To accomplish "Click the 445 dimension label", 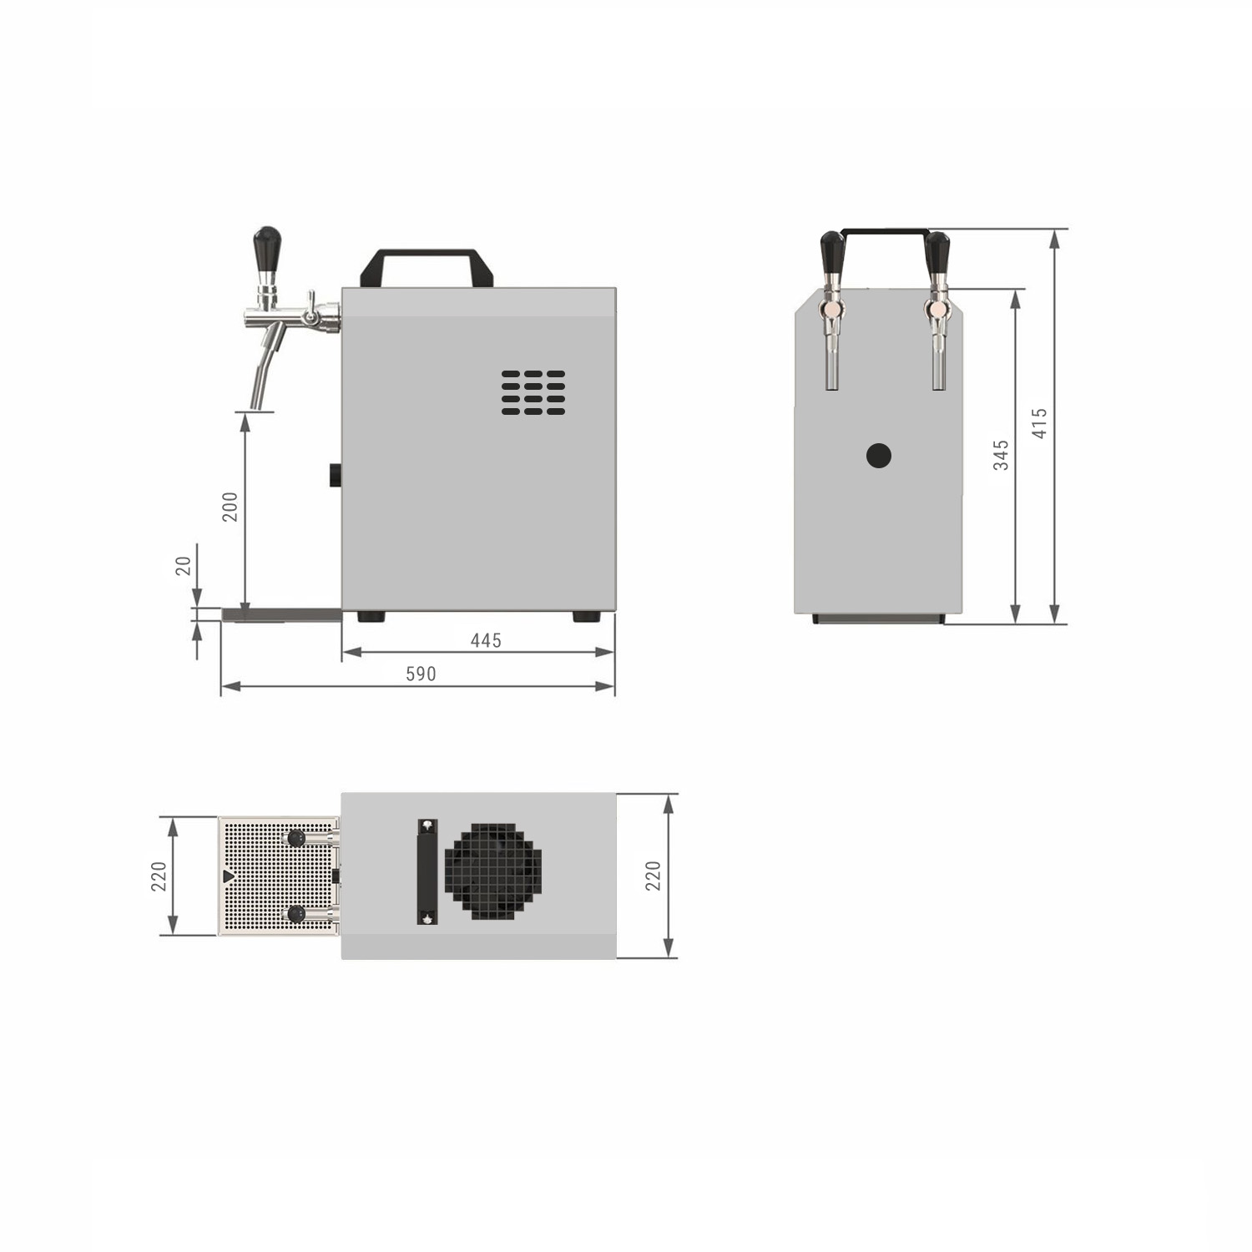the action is tap(486, 640).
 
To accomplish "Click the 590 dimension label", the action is tap(421, 674).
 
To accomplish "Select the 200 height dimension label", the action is tap(230, 507).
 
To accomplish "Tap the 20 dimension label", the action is tap(183, 566).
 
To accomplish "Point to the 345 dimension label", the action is tap(1001, 455).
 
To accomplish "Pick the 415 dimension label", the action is tap(1039, 423).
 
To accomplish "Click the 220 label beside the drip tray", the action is tap(159, 876).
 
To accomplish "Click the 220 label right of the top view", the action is tap(653, 876).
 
